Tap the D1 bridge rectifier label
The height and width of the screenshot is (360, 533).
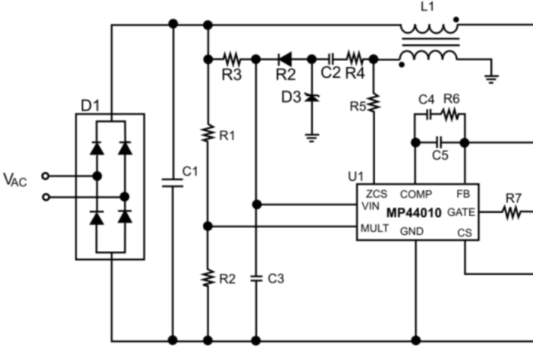90,106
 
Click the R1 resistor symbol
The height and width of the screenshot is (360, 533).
207,134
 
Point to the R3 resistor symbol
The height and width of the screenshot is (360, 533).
232,59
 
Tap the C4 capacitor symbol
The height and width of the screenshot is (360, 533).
427,113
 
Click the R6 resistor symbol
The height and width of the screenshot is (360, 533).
451,113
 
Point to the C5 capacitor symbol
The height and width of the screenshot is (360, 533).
440,141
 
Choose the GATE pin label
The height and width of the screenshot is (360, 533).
462,211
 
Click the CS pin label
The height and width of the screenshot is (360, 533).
464,231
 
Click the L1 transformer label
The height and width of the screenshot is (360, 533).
428,7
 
